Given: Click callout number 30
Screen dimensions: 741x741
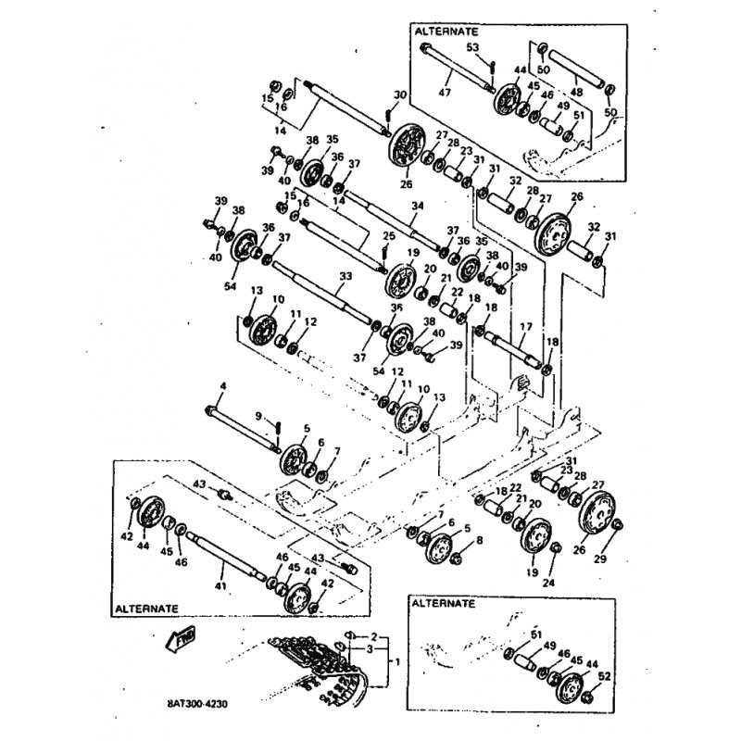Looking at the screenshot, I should coord(399,95).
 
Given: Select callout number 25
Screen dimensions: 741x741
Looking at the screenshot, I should coord(389,236).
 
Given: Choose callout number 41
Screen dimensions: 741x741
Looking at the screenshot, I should coord(220,585).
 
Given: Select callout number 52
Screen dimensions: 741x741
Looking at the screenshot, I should coord(605,678).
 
